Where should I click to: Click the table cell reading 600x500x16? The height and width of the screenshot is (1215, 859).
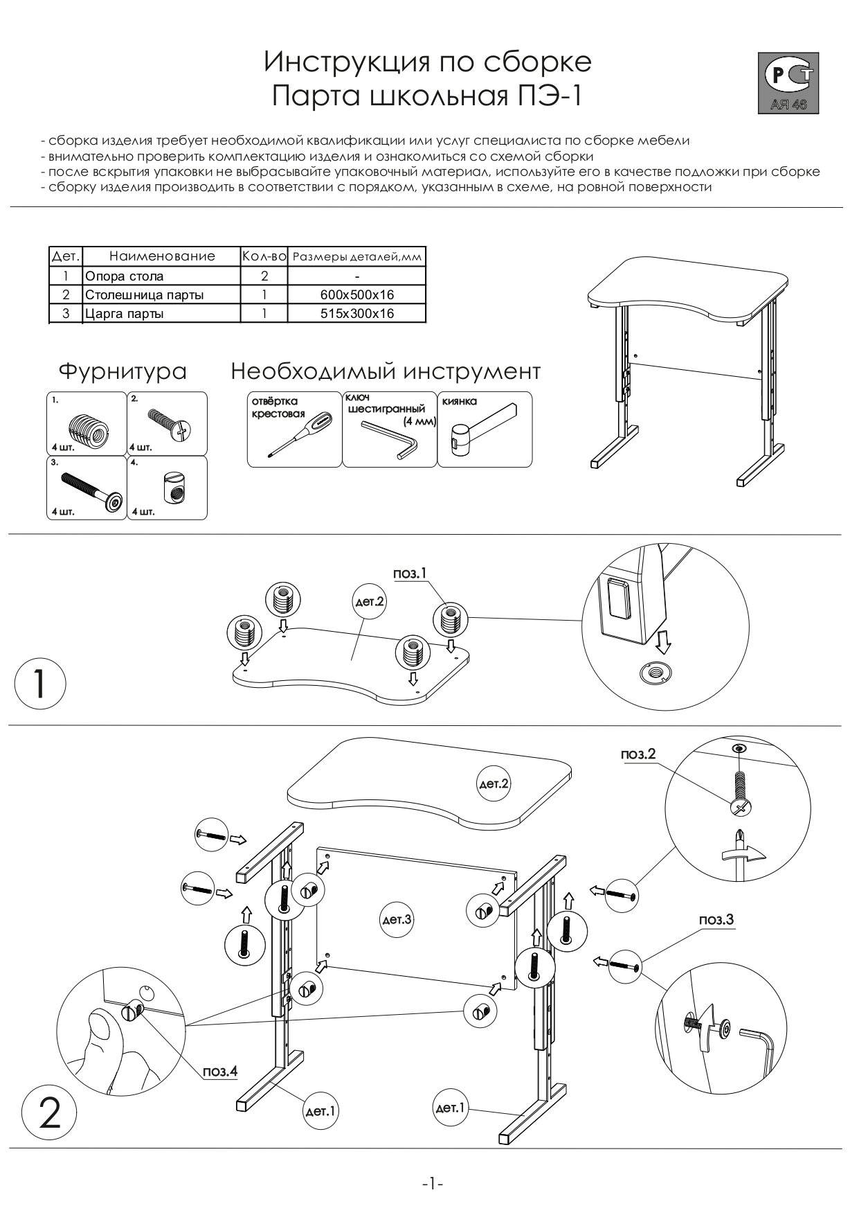tap(356, 295)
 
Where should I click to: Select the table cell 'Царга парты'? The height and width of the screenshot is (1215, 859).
tap(125, 314)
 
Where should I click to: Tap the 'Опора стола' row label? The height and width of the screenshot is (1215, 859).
tap(125, 276)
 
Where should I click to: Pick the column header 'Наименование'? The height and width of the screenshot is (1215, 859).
tap(162, 256)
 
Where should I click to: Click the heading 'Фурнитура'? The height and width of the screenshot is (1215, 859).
tap(123, 371)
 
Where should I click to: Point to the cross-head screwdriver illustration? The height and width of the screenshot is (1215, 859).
tap(294, 435)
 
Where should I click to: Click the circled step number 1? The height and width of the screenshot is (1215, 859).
tap(40, 683)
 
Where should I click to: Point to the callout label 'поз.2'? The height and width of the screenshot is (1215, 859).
tap(638, 754)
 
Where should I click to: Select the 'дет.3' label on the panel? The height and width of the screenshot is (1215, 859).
tap(397, 920)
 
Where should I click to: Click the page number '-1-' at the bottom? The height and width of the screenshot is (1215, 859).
tap(432, 1184)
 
